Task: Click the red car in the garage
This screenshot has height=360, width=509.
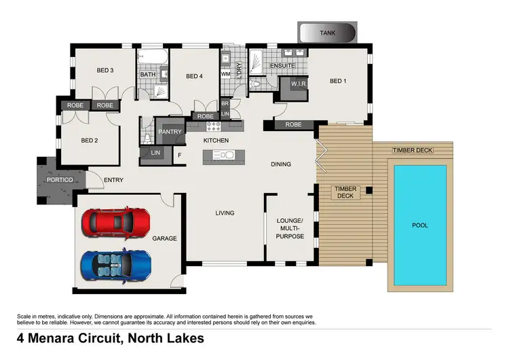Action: click(116, 221)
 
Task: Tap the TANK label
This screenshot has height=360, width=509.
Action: click(328, 32)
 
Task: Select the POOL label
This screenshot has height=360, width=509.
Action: click(420, 225)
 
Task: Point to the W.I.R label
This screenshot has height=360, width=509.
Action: click(299, 84)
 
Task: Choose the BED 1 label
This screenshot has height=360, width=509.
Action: click(337, 81)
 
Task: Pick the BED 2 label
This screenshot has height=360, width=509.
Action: click(90, 141)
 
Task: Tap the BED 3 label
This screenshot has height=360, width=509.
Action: click(104, 70)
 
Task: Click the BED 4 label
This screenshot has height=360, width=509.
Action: click(195, 76)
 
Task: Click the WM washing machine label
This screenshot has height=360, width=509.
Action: click(225, 73)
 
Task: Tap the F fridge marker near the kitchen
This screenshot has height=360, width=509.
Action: click(179, 155)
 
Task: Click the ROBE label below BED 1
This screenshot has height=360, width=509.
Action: click(293, 124)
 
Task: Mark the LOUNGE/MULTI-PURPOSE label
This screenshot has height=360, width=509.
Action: click(290, 228)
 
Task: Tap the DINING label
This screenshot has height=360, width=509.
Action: click(280, 164)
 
